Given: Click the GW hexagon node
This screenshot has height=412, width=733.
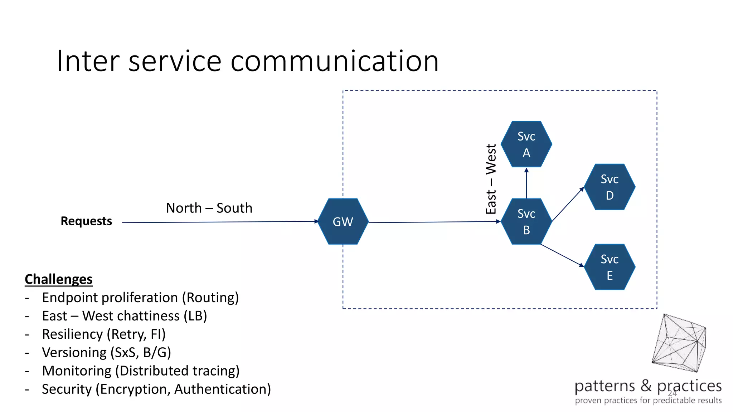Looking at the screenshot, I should [343, 221].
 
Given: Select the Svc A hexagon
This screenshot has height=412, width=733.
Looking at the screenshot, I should [526, 144].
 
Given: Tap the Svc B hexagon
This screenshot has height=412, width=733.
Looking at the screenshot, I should [526, 221].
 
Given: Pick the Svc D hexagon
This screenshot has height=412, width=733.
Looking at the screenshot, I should [610, 187].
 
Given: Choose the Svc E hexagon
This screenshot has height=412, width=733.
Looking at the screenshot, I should [610, 267].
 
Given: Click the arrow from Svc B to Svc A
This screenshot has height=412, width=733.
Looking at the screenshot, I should [526, 183].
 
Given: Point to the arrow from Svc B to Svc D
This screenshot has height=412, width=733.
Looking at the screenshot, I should [568, 204].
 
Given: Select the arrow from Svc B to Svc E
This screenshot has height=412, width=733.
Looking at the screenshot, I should [562, 255].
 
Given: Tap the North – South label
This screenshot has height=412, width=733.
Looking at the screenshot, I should [209, 208].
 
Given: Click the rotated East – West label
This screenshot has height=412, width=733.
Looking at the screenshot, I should [491, 179].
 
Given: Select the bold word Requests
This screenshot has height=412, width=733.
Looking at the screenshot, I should [86, 221].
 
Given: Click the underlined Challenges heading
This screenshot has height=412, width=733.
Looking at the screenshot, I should [59, 279].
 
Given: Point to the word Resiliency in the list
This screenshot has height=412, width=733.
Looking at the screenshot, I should [72, 334].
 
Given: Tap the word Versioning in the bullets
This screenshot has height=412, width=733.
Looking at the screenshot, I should [74, 353].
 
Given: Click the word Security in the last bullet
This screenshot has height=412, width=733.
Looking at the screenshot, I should [67, 389].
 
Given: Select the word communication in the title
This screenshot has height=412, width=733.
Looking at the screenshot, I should [334, 61].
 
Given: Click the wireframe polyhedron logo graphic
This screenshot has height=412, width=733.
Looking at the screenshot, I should [679, 343].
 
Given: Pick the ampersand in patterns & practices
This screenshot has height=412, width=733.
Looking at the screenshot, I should [646, 386].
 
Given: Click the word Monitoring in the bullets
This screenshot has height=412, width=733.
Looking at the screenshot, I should [77, 371].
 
